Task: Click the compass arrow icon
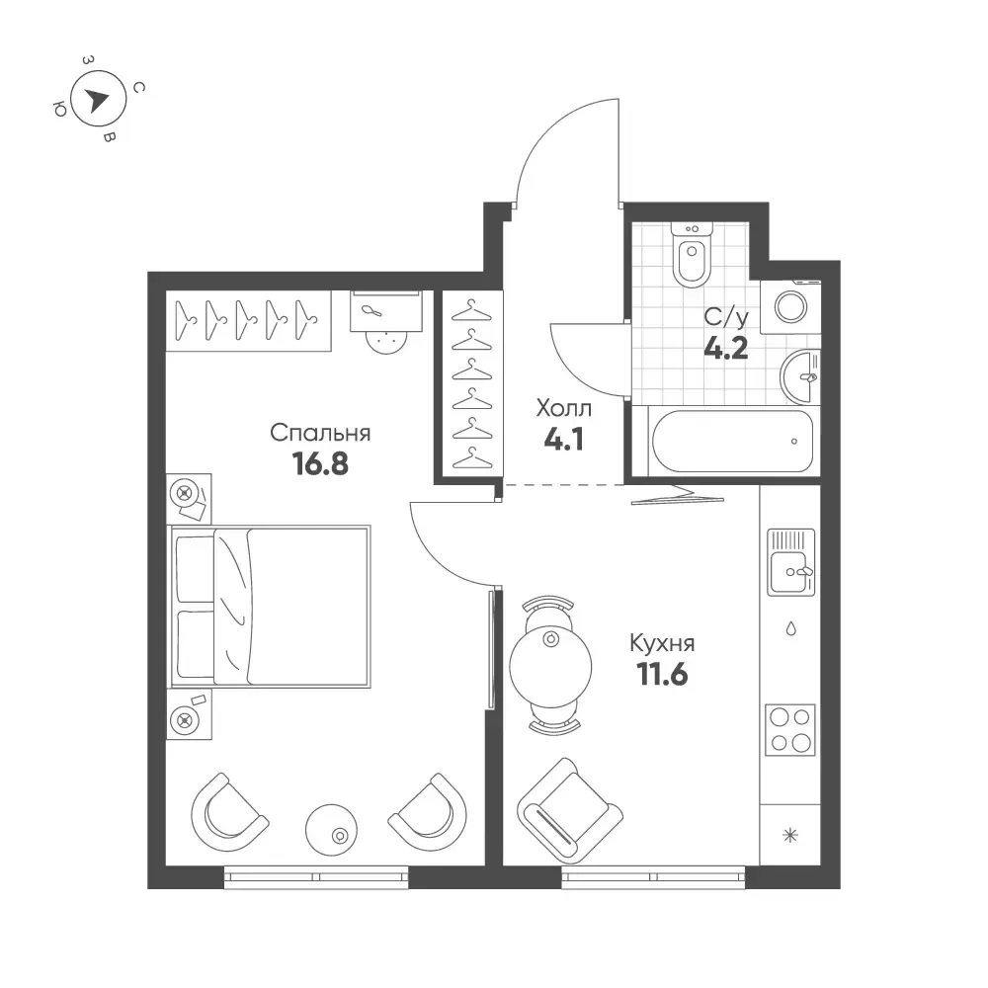coord(97,100)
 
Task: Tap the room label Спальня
coord(320,434)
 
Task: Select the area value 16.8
coord(320,464)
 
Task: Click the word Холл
coord(564,409)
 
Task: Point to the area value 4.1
coord(564,440)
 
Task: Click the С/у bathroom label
coord(726,317)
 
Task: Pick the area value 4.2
coord(726,347)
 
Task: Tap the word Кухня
coord(662,644)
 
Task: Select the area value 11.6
coord(662,675)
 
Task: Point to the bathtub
coord(732,441)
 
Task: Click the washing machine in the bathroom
coord(790,307)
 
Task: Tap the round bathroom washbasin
coord(800,377)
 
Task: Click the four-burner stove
coord(790,730)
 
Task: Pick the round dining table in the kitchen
coord(550,667)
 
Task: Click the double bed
coord(271,607)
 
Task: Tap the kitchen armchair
coord(570,810)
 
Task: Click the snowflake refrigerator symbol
coord(790,836)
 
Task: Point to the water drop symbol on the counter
coord(790,628)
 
